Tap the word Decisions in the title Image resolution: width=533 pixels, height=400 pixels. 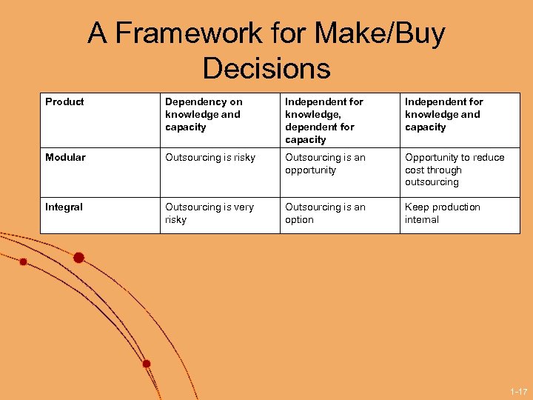point(266,69)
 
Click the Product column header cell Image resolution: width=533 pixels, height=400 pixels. point(65,102)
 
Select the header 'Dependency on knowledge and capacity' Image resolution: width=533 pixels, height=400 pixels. point(204,114)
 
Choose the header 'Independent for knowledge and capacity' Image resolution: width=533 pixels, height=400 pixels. point(443,114)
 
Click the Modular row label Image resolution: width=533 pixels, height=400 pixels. point(66,158)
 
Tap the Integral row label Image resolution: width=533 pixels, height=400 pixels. point(64,207)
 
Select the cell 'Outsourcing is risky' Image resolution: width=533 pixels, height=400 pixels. point(210,158)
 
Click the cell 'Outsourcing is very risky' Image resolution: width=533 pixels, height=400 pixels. point(209,213)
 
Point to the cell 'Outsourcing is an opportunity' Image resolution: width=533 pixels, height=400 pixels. point(325,164)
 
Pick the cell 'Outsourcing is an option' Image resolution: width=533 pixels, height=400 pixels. point(325,213)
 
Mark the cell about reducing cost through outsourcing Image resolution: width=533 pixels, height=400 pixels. point(454,170)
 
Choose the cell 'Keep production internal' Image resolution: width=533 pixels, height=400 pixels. point(442,213)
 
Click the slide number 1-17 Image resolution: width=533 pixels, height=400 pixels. point(518,391)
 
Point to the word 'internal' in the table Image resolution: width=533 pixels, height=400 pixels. point(422,220)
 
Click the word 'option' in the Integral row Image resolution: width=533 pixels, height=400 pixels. point(300,220)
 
